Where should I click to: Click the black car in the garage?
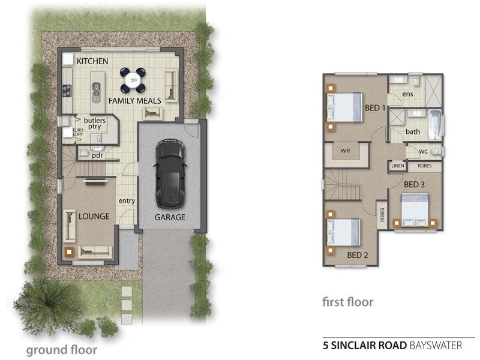(x=169, y=172)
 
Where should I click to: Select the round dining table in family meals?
(x=132, y=79)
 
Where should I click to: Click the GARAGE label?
(x=169, y=217)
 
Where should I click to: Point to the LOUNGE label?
(x=94, y=216)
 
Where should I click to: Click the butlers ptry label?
(x=95, y=124)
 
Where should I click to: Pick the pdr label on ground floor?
(x=97, y=154)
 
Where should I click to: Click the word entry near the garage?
(x=127, y=200)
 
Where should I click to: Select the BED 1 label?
(x=375, y=108)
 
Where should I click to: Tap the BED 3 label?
(x=414, y=184)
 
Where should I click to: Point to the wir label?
(x=345, y=150)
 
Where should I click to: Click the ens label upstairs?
(x=407, y=94)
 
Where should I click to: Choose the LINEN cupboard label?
(x=397, y=166)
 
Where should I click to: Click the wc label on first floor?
(x=424, y=151)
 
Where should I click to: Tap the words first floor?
(x=348, y=302)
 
